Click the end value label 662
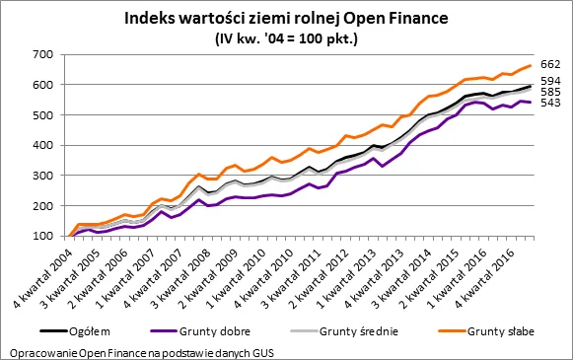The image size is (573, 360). [x=551, y=64]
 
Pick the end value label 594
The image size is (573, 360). [x=551, y=81]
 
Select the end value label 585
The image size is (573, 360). [x=551, y=92]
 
